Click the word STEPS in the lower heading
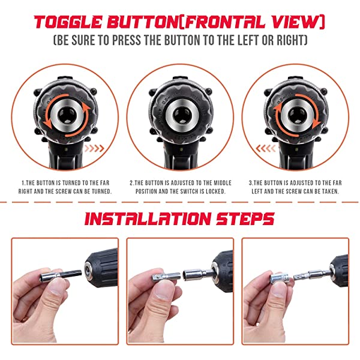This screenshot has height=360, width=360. coord(245,218)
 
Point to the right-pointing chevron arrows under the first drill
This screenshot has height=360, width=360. coord(94,148)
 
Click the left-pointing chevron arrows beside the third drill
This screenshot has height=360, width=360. coord(266,148)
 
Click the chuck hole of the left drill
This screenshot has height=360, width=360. coord(67,115)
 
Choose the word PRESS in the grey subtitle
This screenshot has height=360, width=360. coord(127,40)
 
